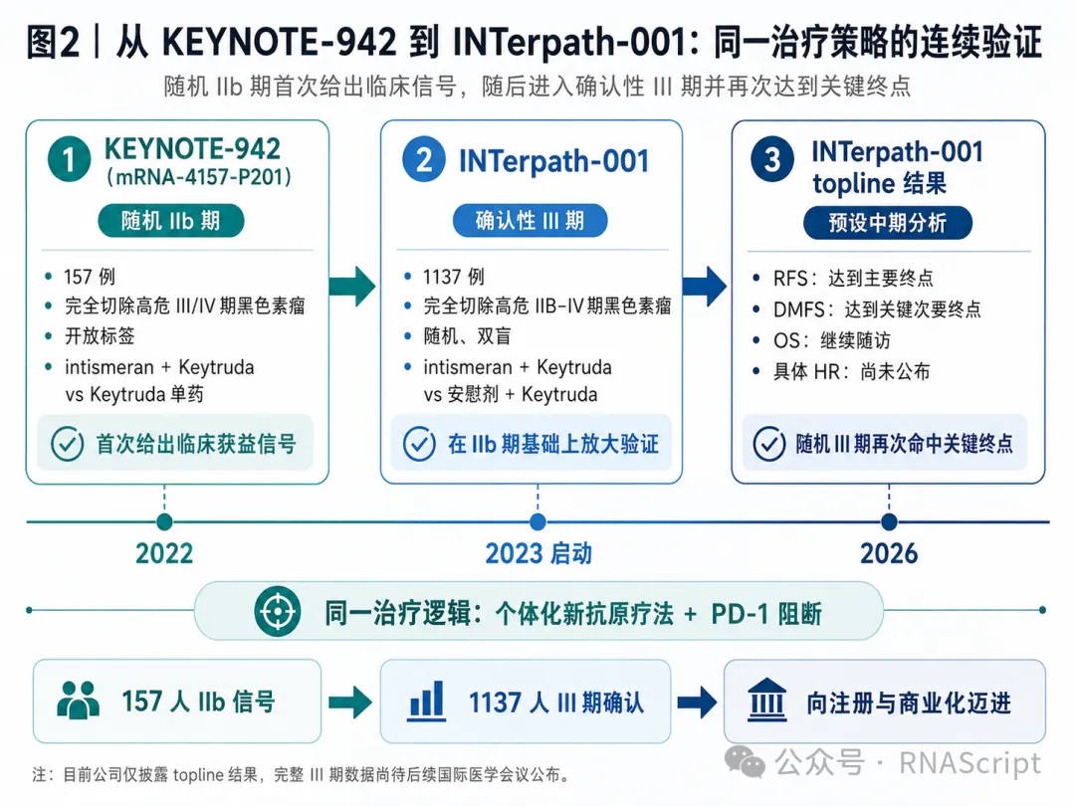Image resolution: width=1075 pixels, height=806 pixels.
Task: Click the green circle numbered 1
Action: pyautogui.click(x=70, y=159)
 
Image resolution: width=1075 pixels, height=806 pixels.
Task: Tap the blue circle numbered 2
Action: pyautogui.click(x=424, y=159)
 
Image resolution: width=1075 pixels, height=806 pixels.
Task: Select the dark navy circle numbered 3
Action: pyautogui.click(x=772, y=159)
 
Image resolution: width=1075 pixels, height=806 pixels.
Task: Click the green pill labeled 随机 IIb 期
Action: pyautogui.click(x=171, y=221)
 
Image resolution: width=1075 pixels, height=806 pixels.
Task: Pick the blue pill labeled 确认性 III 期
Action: pyautogui.click(x=530, y=221)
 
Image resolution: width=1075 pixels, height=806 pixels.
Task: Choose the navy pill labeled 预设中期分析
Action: pyautogui.click(x=887, y=223)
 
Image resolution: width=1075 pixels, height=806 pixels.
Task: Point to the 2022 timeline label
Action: pyautogui.click(x=164, y=553)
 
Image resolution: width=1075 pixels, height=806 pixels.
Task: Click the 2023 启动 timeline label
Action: pyautogui.click(x=538, y=553)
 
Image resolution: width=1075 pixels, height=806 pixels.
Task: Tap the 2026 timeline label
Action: pyautogui.click(x=889, y=553)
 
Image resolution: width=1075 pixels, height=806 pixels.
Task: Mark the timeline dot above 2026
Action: pyautogui.click(x=889, y=521)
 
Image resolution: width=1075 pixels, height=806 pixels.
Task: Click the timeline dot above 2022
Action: pyautogui.click(x=164, y=521)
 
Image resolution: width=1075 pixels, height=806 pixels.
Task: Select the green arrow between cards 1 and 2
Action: pyautogui.click(x=351, y=286)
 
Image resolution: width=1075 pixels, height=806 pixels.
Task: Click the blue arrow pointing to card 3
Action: pyautogui.click(x=704, y=286)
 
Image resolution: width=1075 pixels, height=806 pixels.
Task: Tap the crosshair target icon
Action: pyautogui.click(x=277, y=611)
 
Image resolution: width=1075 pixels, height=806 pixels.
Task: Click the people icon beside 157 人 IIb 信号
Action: pyautogui.click(x=78, y=700)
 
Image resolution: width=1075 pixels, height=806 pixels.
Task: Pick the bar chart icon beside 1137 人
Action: pyautogui.click(x=426, y=701)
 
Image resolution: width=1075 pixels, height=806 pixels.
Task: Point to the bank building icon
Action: pyautogui.click(x=766, y=700)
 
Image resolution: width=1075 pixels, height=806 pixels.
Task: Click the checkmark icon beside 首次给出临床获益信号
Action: pyautogui.click(x=68, y=444)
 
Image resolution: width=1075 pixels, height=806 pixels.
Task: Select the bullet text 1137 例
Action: pyautogui.click(x=453, y=277)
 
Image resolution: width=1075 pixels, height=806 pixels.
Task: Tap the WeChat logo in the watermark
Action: pyautogui.click(x=745, y=761)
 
